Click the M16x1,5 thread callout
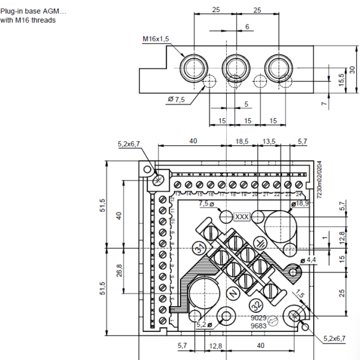(156, 39)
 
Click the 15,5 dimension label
(341, 79)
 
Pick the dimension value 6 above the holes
(247, 27)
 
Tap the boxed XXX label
(242, 217)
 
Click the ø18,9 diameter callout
(299, 205)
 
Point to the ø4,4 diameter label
(311, 260)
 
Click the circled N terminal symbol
(232, 292)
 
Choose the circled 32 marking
(255, 304)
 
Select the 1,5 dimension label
(300, 295)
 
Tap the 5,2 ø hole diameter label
(204, 325)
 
